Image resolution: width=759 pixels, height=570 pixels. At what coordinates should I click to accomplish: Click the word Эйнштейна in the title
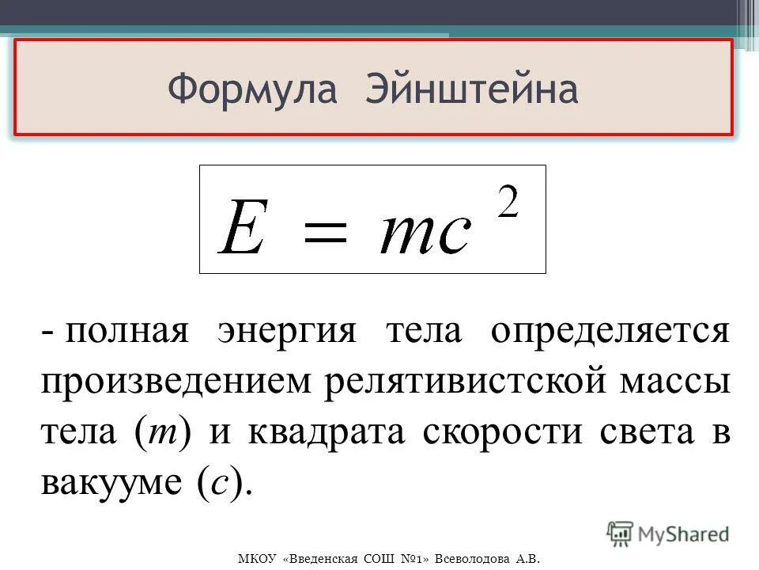click(472, 89)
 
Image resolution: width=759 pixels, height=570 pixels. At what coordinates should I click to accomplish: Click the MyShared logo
click(669, 534)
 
